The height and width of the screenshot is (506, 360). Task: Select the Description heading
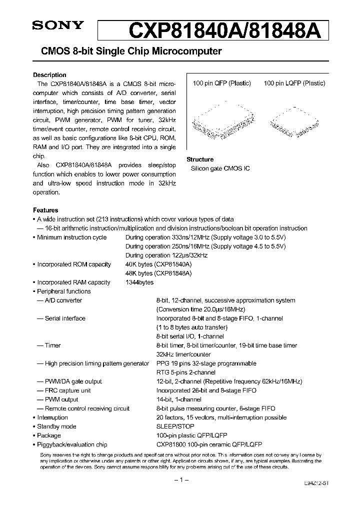tap(49, 75)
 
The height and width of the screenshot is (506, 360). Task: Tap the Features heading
tap(45, 210)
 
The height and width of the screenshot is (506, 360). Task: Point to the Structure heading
tap(200, 159)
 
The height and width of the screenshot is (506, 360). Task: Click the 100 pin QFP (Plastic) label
tap(221, 83)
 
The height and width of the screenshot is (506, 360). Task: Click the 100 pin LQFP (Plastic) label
tap(294, 83)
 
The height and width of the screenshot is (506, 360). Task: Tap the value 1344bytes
tap(139, 282)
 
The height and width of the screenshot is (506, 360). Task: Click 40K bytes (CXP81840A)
tap(158, 264)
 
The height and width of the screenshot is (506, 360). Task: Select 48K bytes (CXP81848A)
tap(158, 273)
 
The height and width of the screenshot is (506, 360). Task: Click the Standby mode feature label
tap(56, 426)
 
